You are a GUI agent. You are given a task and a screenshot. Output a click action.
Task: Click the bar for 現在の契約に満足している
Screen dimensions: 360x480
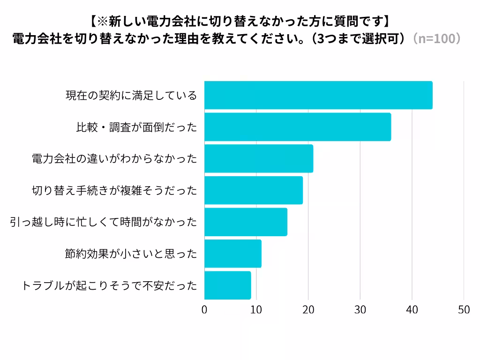click(319, 95)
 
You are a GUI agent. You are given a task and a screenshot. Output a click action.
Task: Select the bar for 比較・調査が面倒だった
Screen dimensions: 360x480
click(298, 127)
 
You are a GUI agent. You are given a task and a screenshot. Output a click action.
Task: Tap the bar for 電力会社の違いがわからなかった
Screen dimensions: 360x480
click(259, 158)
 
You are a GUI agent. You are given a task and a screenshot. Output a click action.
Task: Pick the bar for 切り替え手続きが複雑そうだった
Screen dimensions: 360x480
click(254, 190)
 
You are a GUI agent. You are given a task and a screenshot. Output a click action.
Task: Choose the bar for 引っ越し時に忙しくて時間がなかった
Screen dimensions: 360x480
click(246, 222)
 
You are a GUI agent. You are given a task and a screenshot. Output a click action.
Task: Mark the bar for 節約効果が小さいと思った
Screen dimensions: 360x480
click(233, 254)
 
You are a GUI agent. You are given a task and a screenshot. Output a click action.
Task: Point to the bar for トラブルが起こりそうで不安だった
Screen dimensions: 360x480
click(228, 285)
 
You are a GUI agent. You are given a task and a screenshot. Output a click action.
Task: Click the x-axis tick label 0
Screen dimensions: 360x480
click(204, 310)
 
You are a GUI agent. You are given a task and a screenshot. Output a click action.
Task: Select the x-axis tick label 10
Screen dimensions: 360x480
click(256, 310)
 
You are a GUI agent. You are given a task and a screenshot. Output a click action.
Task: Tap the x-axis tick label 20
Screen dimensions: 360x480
click(308, 310)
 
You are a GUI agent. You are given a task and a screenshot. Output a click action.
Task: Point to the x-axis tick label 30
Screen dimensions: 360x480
click(360, 310)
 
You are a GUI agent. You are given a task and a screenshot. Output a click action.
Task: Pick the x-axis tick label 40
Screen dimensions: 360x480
click(412, 310)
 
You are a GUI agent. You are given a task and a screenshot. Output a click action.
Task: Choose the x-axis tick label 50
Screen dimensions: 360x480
click(464, 310)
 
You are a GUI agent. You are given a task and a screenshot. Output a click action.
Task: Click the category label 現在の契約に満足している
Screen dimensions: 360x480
click(131, 96)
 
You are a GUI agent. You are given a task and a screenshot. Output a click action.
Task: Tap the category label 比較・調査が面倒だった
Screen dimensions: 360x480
click(136, 127)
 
